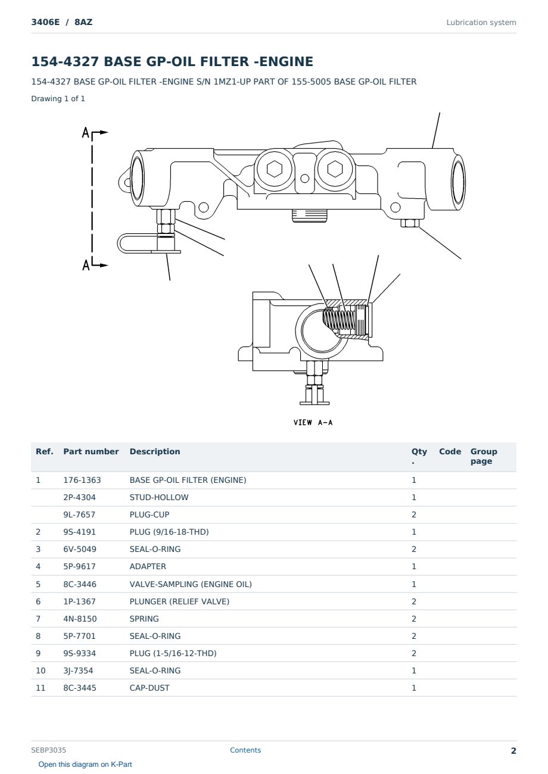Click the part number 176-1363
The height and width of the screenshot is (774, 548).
tap(82, 480)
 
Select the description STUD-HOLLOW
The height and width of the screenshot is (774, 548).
tap(159, 497)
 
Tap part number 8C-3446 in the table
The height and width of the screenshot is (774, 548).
tap(80, 584)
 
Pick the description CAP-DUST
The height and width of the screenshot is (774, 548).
tap(150, 688)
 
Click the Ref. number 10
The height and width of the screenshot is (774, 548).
tap(41, 670)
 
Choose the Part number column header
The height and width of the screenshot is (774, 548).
tap(91, 452)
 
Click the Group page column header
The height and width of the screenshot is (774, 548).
tap(484, 456)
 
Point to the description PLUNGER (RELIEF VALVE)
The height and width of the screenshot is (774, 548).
tap(179, 601)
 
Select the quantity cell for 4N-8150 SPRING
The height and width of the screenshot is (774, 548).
tap(414, 619)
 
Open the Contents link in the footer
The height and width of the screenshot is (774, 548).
tap(245, 750)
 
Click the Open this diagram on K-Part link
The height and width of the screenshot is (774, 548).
tap(85, 764)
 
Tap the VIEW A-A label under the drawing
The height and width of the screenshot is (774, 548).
tap(313, 422)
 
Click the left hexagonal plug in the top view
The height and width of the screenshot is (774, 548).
tap(275, 169)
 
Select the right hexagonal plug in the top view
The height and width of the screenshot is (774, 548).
tap(335, 168)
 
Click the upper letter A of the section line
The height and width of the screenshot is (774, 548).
tap(85, 132)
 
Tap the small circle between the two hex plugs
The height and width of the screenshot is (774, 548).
tap(304, 178)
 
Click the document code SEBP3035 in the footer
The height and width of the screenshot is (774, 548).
tap(48, 750)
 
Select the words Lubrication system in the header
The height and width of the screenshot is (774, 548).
tap(481, 23)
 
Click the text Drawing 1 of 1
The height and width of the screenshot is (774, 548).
tap(58, 98)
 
